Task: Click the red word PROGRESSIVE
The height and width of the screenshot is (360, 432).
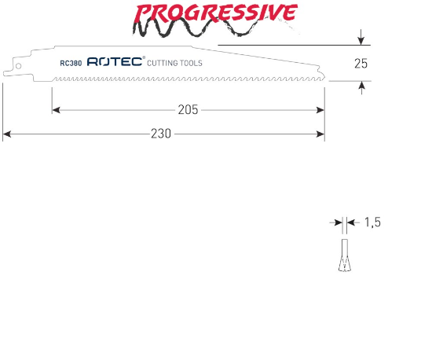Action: (216, 13)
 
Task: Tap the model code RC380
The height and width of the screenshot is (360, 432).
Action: (71, 64)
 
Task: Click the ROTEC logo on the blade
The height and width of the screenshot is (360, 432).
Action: (116, 61)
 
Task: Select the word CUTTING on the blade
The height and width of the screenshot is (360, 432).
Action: (163, 63)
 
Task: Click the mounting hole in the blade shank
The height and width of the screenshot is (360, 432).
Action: (19, 66)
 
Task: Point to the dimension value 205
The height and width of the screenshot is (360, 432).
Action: (188, 110)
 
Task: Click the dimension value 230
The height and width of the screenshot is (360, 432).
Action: (161, 134)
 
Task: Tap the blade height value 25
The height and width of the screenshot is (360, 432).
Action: (361, 64)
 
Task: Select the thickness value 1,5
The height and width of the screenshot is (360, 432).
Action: (372, 222)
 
